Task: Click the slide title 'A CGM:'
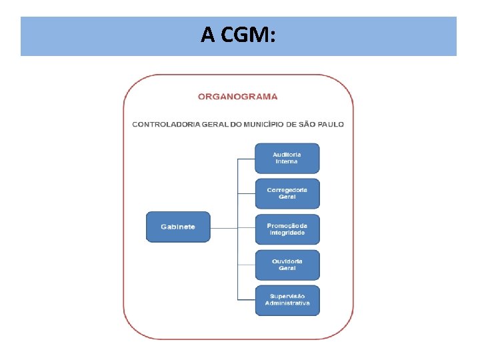[x=239, y=35]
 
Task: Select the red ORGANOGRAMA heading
[x=238, y=97]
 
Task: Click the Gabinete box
[x=178, y=227]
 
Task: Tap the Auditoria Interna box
[x=287, y=158]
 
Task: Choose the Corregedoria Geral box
[x=287, y=193]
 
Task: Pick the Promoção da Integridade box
[x=287, y=229]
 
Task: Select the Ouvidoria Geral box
[x=287, y=265]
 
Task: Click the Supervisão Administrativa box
[x=287, y=300]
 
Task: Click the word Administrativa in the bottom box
[x=287, y=303]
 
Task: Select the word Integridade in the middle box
[x=287, y=233]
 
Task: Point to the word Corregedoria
[x=287, y=190]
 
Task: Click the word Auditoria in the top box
[x=287, y=155]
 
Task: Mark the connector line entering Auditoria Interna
[x=247, y=159]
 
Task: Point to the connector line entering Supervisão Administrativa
[x=247, y=301]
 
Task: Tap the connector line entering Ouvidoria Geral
[x=247, y=265]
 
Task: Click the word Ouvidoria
[x=287, y=261]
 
